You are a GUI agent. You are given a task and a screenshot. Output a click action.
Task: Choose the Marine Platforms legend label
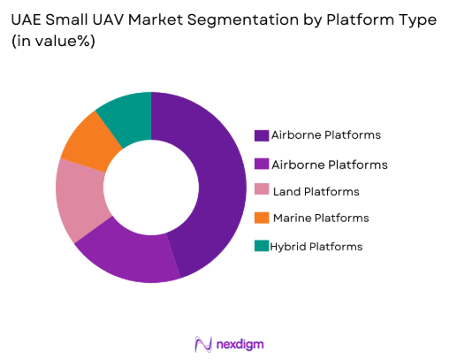tap(321, 218)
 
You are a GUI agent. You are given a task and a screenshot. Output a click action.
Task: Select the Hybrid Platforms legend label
tap(317, 245)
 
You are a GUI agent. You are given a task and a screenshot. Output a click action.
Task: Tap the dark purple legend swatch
tap(262, 136)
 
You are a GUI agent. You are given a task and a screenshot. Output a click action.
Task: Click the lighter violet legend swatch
tap(262, 164)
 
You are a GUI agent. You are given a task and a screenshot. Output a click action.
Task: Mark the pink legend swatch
tap(262, 191)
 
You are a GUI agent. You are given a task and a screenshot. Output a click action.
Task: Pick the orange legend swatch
tap(262, 218)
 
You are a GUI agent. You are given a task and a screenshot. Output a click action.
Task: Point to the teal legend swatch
tap(262, 245)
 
